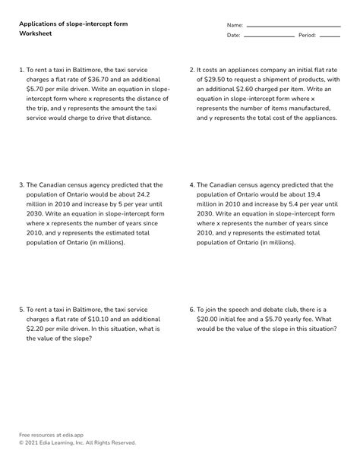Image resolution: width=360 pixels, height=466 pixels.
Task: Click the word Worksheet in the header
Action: (x=36, y=35)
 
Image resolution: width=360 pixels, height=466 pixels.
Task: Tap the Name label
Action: (x=235, y=25)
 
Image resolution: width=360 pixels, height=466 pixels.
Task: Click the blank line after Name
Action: (x=293, y=26)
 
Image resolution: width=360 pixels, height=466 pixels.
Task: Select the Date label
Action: (x=233, y=36)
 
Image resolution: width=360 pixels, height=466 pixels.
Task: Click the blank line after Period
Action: (x=330, y=36)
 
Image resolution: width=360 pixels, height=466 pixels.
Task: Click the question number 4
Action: (x=191, y=184)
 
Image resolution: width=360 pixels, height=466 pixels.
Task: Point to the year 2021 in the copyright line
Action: (x=33, y=442)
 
